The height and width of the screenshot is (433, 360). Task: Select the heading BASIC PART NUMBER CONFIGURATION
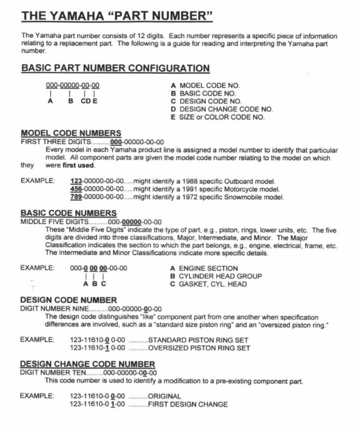115,68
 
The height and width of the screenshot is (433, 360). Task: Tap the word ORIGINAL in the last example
166,396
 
